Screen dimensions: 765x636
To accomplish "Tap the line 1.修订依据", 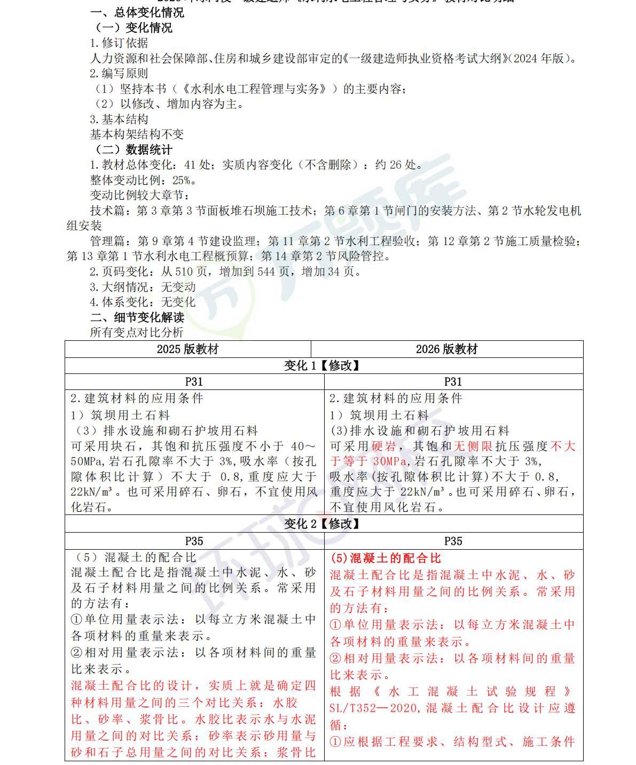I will (119, 43).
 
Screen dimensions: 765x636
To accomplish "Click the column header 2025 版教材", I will (187, 349).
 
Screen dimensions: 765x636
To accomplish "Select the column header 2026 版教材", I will (446, 349).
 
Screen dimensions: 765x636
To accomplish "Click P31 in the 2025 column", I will (194, 381).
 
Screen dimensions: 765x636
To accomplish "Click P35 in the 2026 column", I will (453, 541).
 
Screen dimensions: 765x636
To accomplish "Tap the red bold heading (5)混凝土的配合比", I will (386, 558).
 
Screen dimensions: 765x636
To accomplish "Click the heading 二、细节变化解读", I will (137, 317).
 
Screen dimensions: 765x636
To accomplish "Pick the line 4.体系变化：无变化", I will (142, 302).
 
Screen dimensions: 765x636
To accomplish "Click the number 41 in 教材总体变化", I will (190, 165).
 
